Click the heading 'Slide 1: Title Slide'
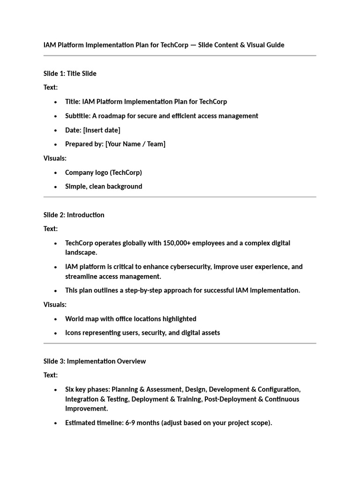click(x=70, y=73)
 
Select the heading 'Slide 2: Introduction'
click(x=74, y=215)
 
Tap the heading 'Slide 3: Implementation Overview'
click(x=94, y=361)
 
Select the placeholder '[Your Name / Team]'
click(x=135, y=144)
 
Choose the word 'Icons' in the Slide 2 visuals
click(x=74, y=333)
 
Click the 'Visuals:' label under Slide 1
click(x=55, y=158)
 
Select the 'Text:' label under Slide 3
click(x=51, y=375)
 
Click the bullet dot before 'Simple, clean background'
click(x=56, y=187)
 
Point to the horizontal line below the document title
click(x=180, y=56)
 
